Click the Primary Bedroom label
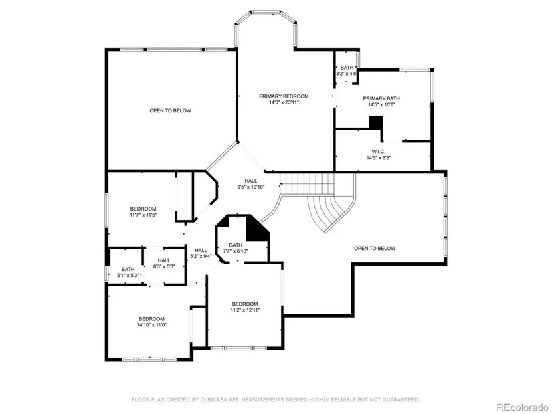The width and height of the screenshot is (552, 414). pyautogui.click(x=284, y=96)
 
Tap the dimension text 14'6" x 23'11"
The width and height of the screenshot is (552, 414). pyautogui.click(x=284, y=102)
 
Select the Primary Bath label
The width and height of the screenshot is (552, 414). pyautogui.click(x=381, y=98)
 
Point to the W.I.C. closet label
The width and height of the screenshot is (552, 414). pyautogui.click(x=379, y=151)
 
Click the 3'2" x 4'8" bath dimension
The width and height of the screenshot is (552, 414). pyautogui.click(x=347, y=74)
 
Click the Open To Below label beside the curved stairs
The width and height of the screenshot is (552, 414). pyautogui.click(x=375, y=248)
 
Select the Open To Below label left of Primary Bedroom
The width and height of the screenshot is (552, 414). pyautogui.click(x=171, y=110)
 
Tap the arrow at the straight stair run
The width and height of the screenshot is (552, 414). pyautogui.click(x=282, y=184)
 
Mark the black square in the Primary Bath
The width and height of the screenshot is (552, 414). pyautogui.click(x=375, y=122)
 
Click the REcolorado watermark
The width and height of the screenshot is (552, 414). pyautogui.click(x=522, y=407)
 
